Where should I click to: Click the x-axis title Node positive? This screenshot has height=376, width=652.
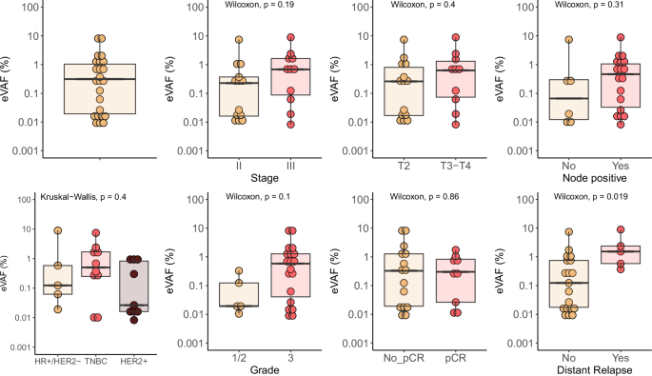click(x=594, y=177)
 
